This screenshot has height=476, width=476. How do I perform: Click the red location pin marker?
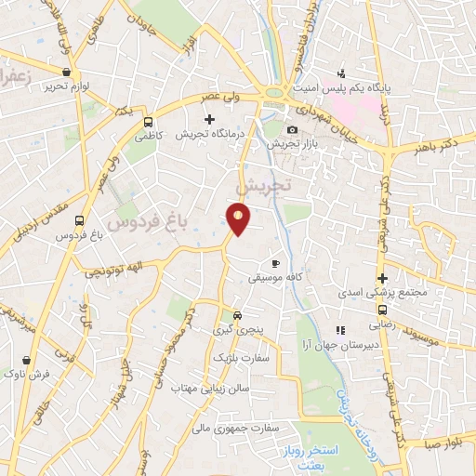pos(239,219)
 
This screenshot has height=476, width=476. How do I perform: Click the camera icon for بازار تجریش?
pos(292,129)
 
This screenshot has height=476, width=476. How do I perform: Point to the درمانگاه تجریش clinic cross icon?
pos(209,119)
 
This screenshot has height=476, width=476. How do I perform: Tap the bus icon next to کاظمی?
pos(148,121)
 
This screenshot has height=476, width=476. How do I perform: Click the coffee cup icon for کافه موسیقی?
pos(275,263)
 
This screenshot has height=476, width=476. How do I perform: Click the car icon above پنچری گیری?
pos(238,315)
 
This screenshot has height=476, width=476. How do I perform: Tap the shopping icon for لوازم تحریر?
pos(65,72)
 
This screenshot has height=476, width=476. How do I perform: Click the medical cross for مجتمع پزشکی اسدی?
pos(382,277)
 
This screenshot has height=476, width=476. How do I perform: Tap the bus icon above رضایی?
pos(382,312)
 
